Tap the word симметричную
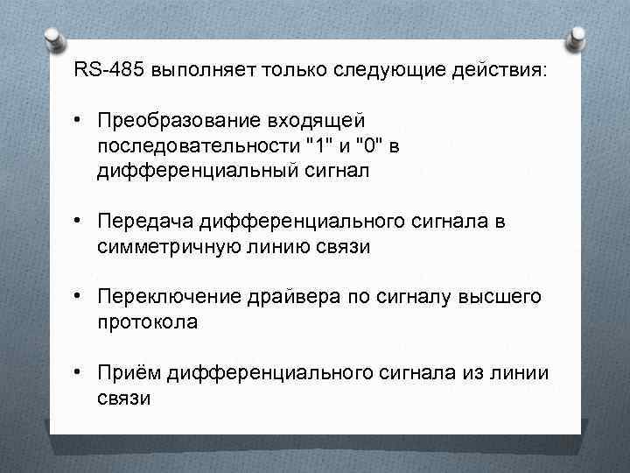tap(161, 247)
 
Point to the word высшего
tap(502, 297)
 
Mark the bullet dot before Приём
tap(80, 373)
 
